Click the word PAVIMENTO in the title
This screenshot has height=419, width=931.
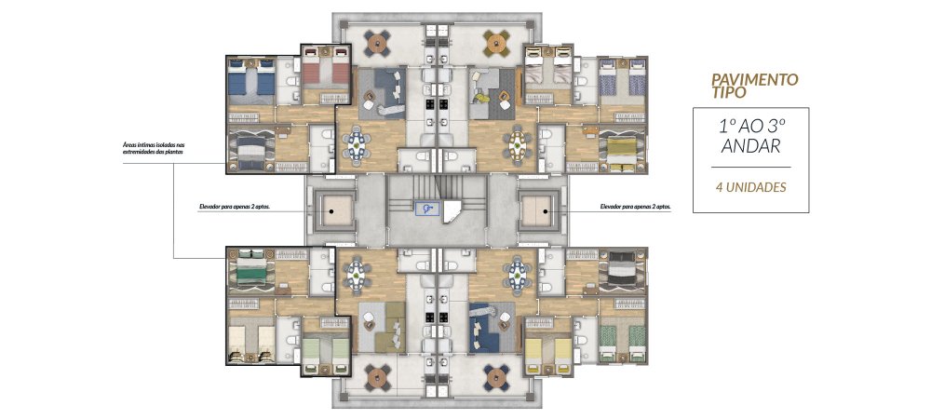point(755,79)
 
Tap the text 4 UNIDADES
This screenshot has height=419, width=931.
point(750,187)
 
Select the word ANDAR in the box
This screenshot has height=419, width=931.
point(750,146)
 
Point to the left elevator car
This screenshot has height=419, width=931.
point(332,210)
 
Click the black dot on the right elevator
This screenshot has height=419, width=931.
point(545,210)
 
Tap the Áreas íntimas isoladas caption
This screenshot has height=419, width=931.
point(153,148)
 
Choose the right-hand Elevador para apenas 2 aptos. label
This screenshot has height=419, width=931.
point(635,208)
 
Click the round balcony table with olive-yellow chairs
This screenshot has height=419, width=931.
point(495,42)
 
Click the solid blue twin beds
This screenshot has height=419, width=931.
point(251,78)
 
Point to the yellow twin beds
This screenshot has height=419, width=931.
point(548,354)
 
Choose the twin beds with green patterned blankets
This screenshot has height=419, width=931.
point(622,343)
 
